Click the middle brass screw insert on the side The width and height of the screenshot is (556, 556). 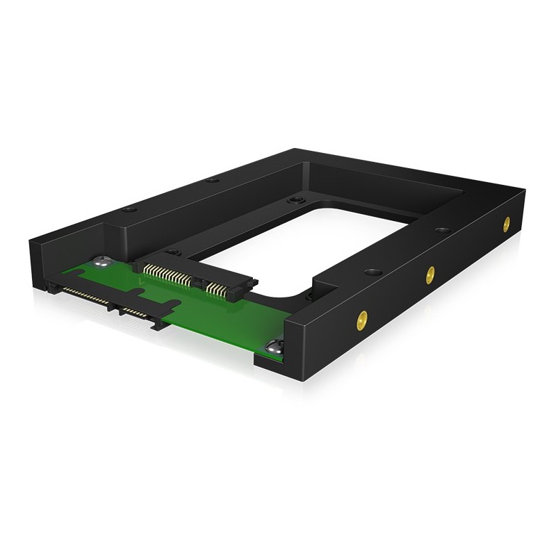(431, 272)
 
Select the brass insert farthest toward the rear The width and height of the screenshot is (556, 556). (506, 223)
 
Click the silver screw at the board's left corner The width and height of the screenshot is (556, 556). (102, 264)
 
